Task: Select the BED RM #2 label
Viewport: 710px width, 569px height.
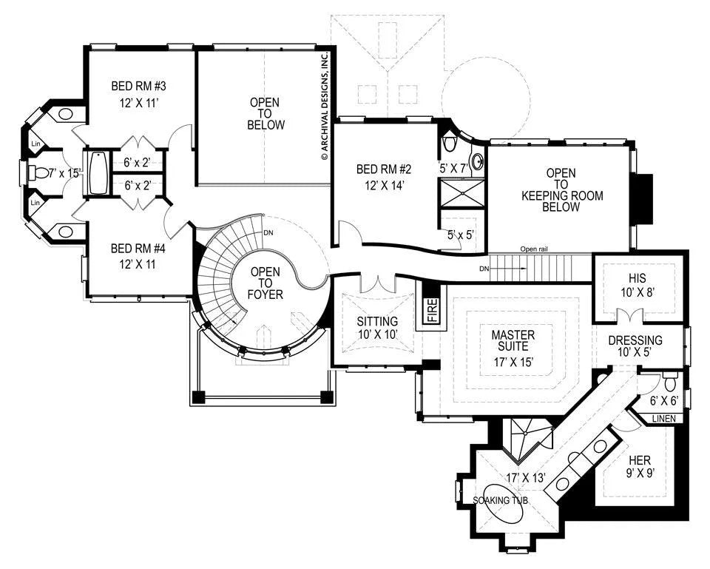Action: point(384,169)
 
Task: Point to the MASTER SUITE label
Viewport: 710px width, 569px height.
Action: point(513,340)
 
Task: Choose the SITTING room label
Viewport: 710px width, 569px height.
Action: point(377,322)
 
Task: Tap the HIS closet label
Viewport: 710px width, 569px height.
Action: point(637,277)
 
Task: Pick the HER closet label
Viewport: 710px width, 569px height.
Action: point(639,461)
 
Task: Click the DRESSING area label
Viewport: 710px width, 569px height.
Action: point(635,340)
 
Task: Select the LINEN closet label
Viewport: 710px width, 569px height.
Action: point(664,419)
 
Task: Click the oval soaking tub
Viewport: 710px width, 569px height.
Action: point(503,503)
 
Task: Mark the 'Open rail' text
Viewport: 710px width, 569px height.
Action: point(535,249)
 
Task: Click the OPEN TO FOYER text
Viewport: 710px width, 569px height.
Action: point(266,283)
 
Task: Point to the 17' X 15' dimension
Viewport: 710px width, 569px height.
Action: point(513,362)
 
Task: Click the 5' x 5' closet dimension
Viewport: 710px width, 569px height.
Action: point(460,235)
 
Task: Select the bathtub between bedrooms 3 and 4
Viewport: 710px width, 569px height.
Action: point(98,172)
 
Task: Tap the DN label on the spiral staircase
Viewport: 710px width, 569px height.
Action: point(268,233)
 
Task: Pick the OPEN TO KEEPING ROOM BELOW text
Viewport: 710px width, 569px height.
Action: point(561,190)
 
